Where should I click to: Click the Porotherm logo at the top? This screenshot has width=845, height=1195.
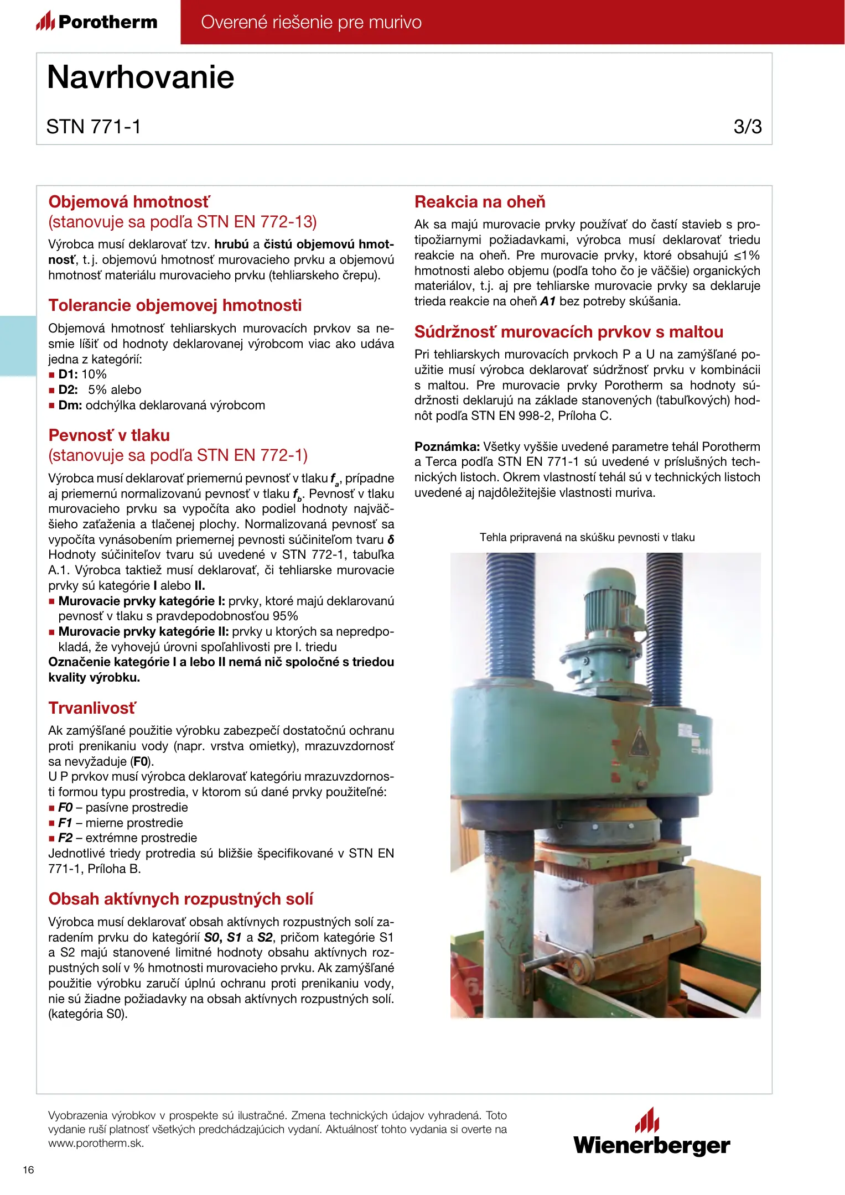click(97, 22)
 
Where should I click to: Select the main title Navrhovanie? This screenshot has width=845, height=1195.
click(141, 77)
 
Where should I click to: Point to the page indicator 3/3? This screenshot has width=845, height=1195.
click(747, 127)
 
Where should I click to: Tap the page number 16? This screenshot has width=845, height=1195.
click(28, 1170)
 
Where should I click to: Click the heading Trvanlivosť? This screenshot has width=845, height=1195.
click(92, 708)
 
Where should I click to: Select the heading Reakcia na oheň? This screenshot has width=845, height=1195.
click(480, 202)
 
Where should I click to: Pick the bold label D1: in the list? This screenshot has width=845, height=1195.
click(68, 375)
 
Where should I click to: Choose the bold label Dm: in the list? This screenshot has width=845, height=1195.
click(70, 406)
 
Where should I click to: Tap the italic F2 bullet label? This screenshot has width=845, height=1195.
click(65, 838)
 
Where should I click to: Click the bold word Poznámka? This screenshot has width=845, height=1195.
click(447, 446)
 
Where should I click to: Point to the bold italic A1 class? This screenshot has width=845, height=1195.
click(547, 302)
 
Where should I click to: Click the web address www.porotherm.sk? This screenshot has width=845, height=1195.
click(96, 1144)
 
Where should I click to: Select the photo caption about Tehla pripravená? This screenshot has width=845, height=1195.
click(587, 537)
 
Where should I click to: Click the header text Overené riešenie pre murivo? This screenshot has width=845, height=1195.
click(311, 22)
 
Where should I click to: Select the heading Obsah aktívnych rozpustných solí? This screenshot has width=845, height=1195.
click(181, 899)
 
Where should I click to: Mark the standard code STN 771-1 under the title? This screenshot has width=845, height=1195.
click(94, 127)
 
